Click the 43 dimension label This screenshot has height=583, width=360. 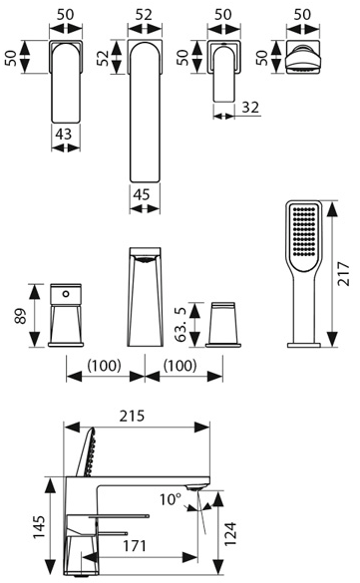64,134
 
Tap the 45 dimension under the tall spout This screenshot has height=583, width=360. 142,194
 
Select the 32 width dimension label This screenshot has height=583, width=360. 250,108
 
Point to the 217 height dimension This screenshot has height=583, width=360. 343,274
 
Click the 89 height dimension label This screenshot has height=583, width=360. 21,316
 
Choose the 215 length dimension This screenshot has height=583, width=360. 132,416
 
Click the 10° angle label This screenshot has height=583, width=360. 171,499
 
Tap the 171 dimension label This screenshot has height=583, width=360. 135,546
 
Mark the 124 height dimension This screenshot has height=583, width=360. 230,533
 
